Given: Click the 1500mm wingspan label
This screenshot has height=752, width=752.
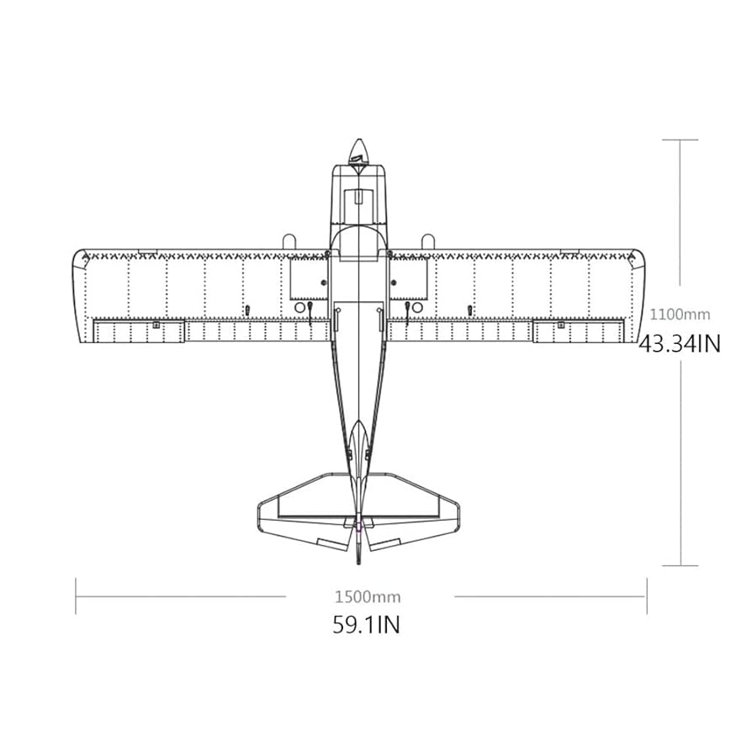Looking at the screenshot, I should [x=368, y=597].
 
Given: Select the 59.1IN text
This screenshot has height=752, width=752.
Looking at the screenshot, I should [x=366, y=625].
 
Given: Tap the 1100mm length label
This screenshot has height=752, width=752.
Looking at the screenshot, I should [x=680, y=314].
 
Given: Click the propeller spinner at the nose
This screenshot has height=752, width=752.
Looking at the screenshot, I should [x=359, y=151].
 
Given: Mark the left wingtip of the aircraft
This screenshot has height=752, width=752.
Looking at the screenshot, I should [x=79, y=294].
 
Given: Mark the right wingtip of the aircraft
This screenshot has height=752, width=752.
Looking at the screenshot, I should [x=638, y=294].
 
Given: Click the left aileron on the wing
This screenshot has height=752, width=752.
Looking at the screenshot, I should [x=138, y=331].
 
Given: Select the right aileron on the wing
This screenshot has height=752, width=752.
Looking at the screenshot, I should [x=579, y=331].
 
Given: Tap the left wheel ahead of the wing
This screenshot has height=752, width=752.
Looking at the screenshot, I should [x=288, y=241].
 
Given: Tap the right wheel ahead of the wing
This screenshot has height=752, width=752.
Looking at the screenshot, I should [x=427, y=241].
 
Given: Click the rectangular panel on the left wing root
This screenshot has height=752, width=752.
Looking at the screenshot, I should [x=309, y=278].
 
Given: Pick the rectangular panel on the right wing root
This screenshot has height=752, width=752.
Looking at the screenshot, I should [x=408, y=278].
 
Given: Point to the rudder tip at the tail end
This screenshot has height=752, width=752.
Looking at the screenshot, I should [x=359, y=559].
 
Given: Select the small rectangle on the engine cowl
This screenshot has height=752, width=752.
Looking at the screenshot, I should [x=359, y=198].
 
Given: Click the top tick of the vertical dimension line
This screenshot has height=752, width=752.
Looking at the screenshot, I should [x=680, y=140].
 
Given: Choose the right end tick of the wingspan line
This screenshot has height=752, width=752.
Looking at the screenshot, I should [x=646, y=596].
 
